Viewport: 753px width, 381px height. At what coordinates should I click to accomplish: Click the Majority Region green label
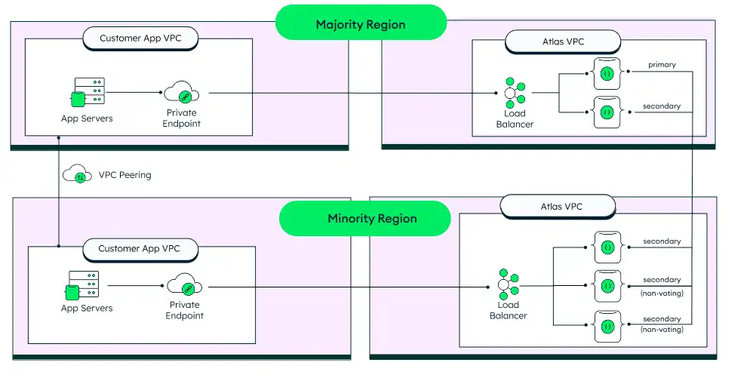coord(361,25)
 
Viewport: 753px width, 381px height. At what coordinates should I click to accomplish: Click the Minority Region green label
coord(372,219)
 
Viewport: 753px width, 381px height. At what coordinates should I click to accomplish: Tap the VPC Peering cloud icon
coord(78,175)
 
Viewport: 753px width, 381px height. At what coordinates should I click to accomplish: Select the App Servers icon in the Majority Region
coord(88,93)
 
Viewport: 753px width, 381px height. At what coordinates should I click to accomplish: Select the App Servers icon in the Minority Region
coord(83,286)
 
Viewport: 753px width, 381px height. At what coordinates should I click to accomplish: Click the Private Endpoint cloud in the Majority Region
coord(182,93)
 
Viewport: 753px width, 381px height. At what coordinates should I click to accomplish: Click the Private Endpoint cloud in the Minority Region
coord(184,286)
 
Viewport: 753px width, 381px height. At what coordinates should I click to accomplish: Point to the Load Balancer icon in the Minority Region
coord(508,285)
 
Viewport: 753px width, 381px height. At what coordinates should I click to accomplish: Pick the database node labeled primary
coord(607,74)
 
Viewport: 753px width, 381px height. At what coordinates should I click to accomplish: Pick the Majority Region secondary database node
coord(607,112)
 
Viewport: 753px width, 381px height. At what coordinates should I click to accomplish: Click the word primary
coord(661,65)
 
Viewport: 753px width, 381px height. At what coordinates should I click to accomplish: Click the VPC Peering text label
coord(124,175)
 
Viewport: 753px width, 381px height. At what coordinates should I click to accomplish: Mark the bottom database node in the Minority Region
coord(607,326)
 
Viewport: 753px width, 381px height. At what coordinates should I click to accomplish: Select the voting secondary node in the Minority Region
coord(607,247)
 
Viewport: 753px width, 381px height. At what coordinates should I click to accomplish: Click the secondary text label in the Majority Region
coord(661,106)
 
